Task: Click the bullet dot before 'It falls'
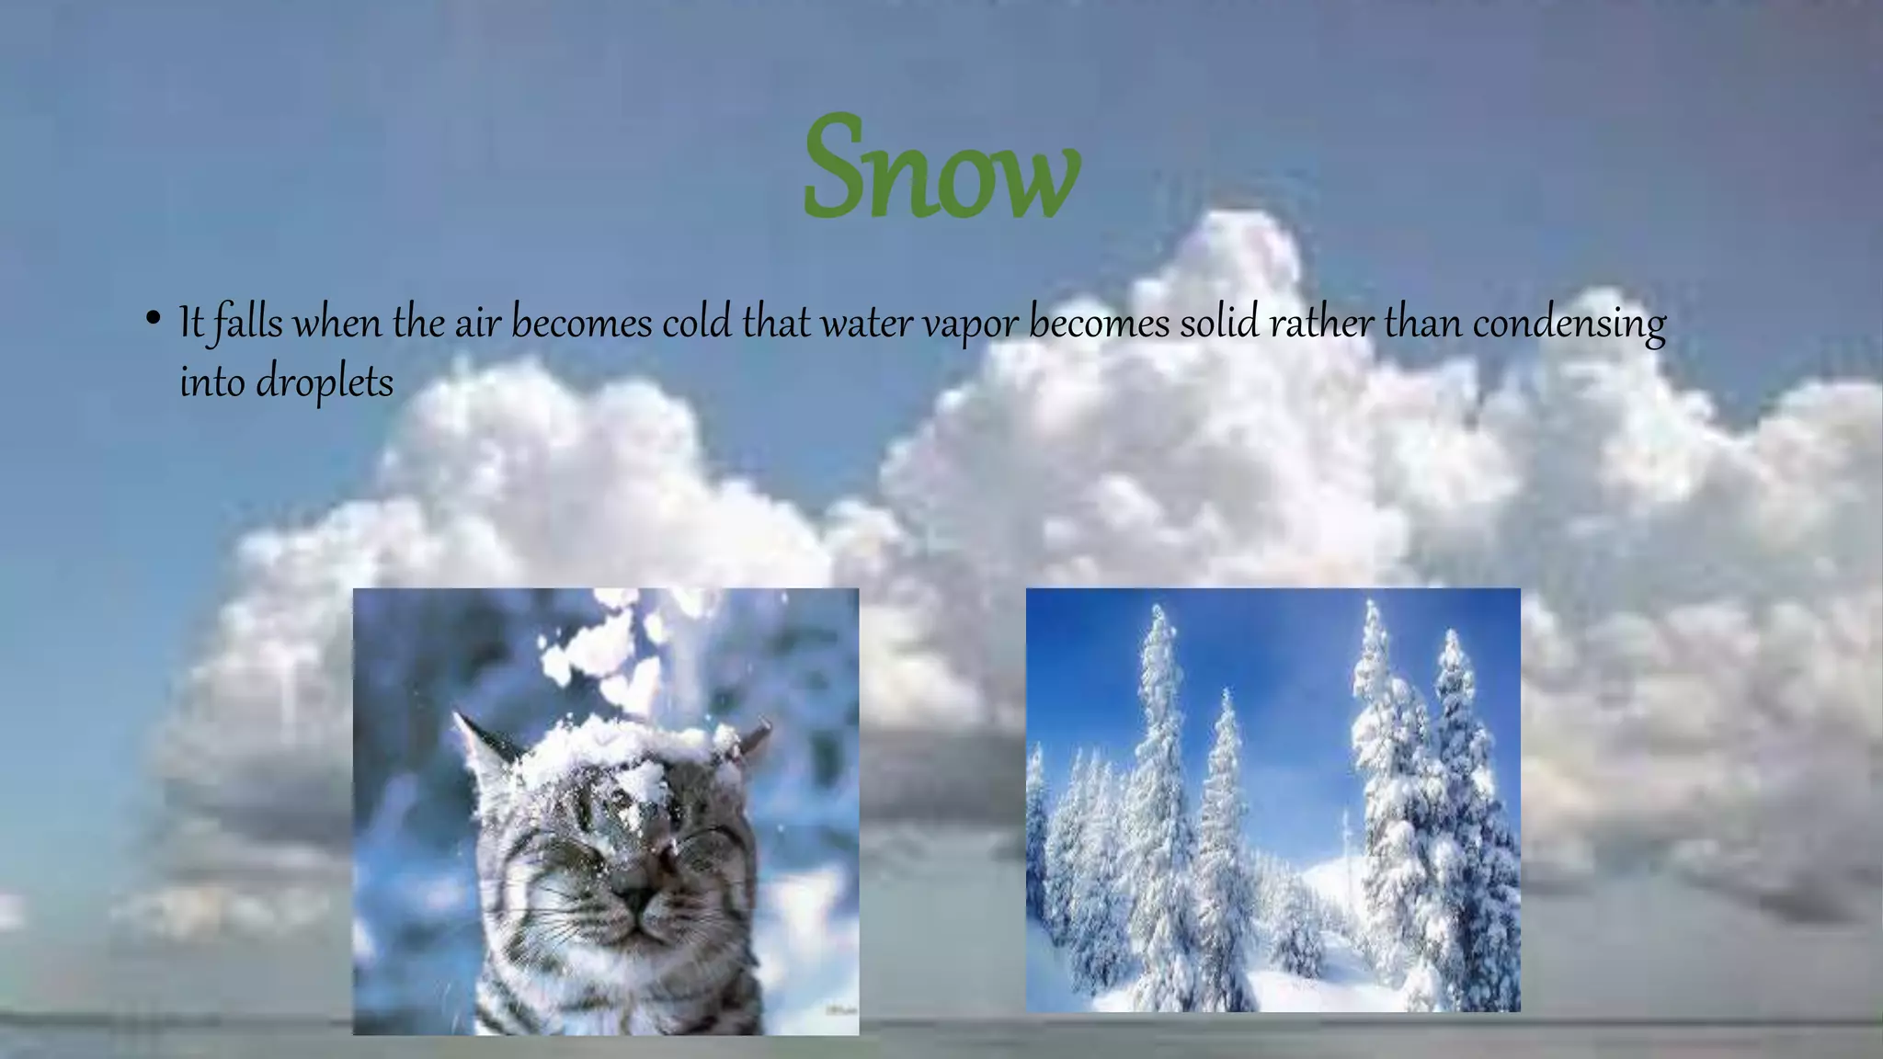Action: [153, 321]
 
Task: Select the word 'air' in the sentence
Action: [477, 323]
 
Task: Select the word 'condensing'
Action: [1569, 325]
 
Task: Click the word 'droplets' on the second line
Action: [325, 382]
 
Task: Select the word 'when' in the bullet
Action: [337, 323]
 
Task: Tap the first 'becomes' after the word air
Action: [581, 323]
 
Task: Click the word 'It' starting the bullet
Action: [190, 323]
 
